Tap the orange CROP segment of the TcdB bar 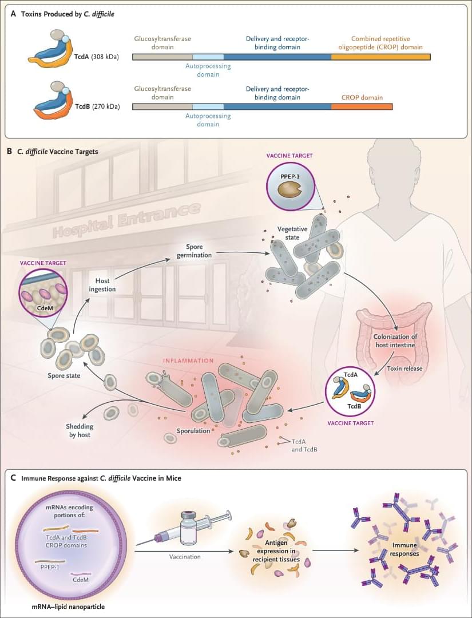[x=362, y=106]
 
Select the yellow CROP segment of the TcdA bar [x=380, y=57]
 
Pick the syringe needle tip [x=140, y=542]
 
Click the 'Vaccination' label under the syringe [x=186, y=557]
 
